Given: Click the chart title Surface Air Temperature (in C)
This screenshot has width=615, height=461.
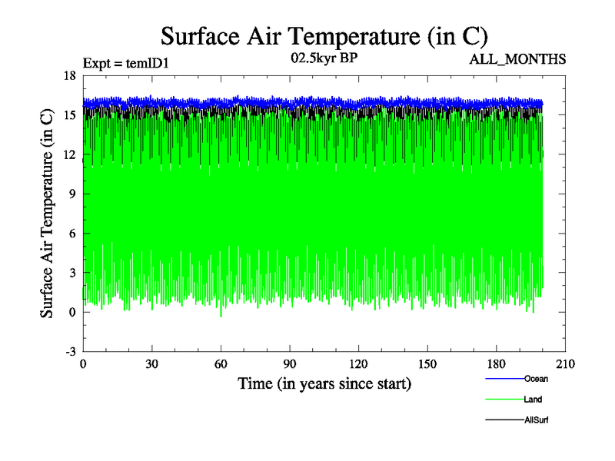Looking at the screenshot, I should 324,36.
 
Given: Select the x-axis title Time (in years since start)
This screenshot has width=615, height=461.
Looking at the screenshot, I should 324,383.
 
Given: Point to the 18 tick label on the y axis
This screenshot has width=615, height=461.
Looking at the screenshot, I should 68,75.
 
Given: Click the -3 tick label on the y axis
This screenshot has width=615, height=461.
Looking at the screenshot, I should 68,351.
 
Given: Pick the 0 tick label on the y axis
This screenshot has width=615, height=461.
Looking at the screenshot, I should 71,312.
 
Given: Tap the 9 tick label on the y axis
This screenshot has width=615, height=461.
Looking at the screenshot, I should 71,194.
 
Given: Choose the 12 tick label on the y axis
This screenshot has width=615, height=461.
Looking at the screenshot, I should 68,154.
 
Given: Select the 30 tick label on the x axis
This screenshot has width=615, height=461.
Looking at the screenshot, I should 152,364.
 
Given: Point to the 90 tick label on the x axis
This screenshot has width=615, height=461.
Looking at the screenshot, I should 290,364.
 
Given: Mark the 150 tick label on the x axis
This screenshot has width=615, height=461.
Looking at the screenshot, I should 427,364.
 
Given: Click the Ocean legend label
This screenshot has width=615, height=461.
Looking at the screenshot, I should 536,379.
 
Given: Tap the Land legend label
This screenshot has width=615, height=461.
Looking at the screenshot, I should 534,400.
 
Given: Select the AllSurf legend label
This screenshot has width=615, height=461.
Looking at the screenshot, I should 536,420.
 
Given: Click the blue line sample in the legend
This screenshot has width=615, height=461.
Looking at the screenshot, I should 504,379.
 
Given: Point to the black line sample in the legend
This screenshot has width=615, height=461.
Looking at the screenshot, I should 504,420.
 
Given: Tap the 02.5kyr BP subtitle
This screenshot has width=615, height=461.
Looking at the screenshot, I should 324,57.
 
